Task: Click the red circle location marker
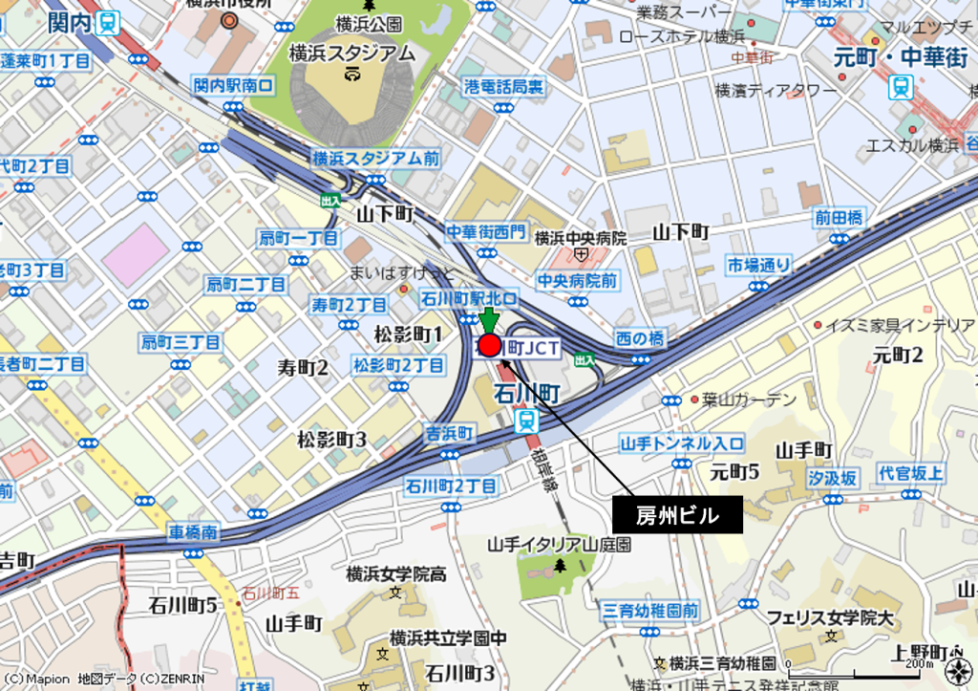click(489, 345)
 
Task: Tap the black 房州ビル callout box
click(676, 516)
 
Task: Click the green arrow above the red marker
click(489, 319)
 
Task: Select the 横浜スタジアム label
click(352, 54)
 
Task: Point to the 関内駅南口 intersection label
click(233, 86)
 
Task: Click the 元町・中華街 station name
click(901, 55)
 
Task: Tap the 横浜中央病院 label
click(581, 238)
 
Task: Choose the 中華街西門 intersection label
click(485, 230)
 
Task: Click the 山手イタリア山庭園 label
click(560, 544)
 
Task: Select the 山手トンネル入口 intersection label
click(682, 443)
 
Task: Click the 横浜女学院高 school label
click(396, 574)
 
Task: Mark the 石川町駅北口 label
click(470, 299)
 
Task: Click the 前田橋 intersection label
click(839, 218)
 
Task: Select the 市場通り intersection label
click(758, 264)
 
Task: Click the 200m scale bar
click(860, 662)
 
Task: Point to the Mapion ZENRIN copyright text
click(103, 680)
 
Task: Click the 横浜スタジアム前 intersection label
click(375, 158)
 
